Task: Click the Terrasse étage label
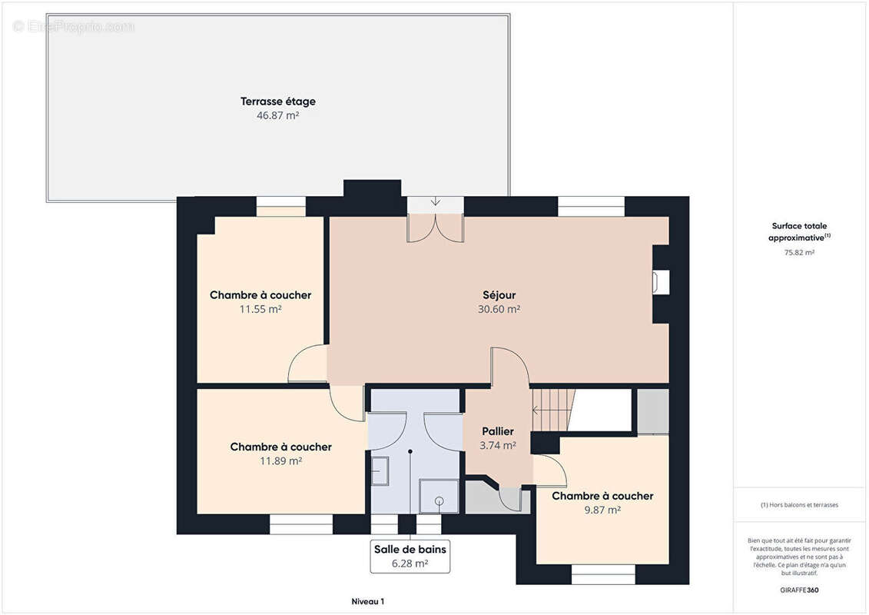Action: [x=277, y=101]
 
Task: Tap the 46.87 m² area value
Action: [x=277, y=115]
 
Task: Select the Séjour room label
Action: [x=499, y=295]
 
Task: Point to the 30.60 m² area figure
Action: [x=499, y=310]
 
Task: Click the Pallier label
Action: [x=498, y=431]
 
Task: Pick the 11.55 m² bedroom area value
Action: [x=260, y=310]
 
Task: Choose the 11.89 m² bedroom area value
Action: [x=281, y=460]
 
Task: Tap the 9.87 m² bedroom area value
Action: [x=602, y=510]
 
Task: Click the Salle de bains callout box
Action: [x=410, y=557]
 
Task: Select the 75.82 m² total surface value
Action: [x=799, y=252]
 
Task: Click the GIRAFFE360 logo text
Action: [x=799, y=590]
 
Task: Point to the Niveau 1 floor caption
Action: [x=367, y=601]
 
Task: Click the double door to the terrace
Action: [x=436, y=229]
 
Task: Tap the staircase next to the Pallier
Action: [x=554, y=411]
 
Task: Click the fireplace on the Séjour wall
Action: [x=662, y=282]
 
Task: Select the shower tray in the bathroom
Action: [x=439, y=497]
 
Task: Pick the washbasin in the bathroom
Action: [x=379, y=471]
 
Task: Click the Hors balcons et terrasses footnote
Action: [x=799, y=505]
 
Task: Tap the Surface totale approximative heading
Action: [x=799, y=232]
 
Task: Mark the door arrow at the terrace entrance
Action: [x=436, y=201]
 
